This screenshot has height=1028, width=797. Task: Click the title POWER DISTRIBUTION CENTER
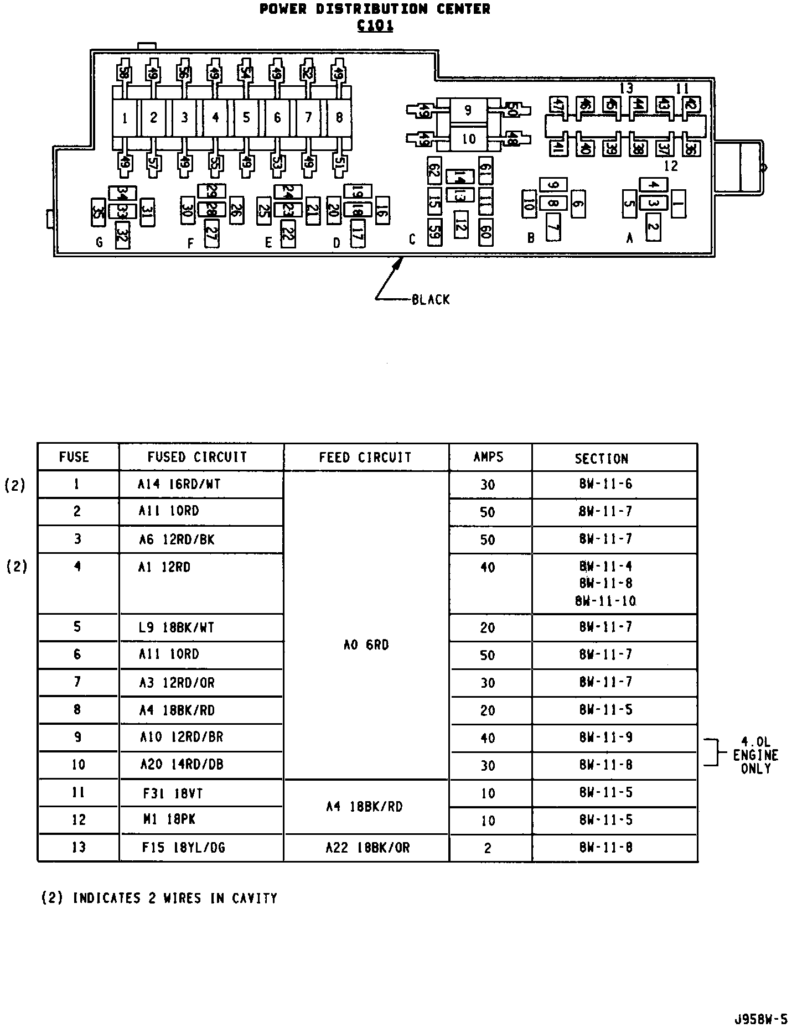pos(375,9)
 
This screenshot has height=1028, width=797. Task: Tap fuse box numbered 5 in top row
pos(246,117)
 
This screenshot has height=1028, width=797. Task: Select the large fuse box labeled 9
pos(468,110)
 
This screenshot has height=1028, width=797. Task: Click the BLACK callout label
pos(431,300)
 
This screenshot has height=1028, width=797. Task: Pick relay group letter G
pos(99,242)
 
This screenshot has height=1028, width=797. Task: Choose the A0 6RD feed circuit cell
pos(366,645)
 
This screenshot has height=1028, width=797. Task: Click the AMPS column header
pos(489,457)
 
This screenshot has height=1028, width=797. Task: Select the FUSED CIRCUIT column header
pos(197,457)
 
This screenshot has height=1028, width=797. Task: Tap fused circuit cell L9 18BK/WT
pos(177,628)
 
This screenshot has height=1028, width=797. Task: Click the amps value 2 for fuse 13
pos(488,848)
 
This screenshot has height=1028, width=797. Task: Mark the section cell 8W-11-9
pos(605,738)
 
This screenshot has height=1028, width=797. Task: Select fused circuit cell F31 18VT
pos(173,794)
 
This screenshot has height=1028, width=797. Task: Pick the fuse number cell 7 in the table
pos(77,682)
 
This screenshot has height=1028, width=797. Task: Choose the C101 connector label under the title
pos(375,26)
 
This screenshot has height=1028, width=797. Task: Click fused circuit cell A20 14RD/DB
pos(182,765)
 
